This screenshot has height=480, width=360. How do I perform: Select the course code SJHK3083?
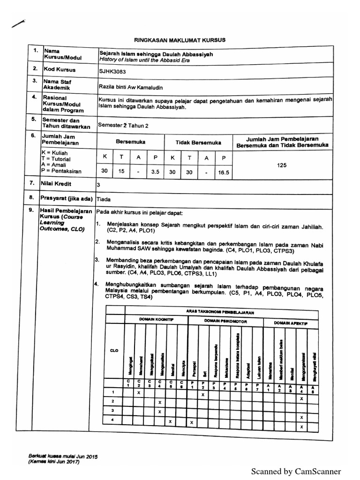(x=113, y=71)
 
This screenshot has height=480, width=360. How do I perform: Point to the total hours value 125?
(x=281, y=165)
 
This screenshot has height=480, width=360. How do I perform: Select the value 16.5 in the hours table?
(x=224, y=172)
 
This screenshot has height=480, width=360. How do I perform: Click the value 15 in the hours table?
(x=121, y=172)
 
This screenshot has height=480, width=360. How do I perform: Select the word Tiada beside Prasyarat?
(x=104, y=199)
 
